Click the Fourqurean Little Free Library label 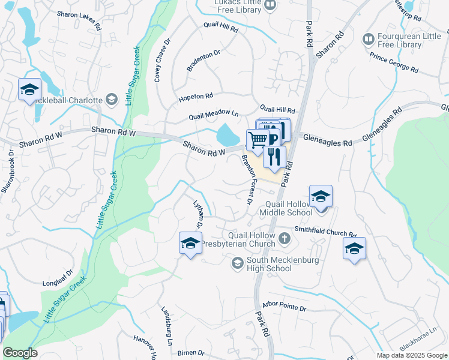(408, 40)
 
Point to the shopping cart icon (257, 140)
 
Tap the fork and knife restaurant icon (274, 157)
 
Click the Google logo (20, 353)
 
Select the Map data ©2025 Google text (412, 355)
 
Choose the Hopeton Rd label (196, 96)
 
